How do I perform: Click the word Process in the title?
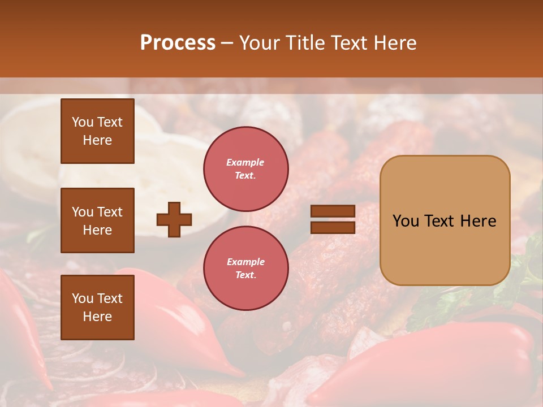[x=178, y=43]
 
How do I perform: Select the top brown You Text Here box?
[x=97, y=131]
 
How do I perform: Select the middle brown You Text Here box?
[x=97, y=220]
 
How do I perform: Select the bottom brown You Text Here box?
[x=97, y=307]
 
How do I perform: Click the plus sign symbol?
[x=174, y=219]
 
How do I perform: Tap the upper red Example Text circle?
[x=246, y=169]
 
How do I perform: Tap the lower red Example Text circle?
[x=246, y=268]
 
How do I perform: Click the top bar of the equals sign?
[x=333, y=211]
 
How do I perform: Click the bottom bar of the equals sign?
[x=333, y=227]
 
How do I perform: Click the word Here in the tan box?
[x=478, y=221]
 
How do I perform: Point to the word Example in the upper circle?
[x=245, y=162]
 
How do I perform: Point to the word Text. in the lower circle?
[x=245, y=275]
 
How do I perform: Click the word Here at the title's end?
[x=395, y=43]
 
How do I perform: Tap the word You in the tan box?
[x=406, y=221]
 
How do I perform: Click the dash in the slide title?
[x=227, y=44]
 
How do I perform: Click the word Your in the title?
[x=260, y=43]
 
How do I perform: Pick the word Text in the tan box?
[x=440, y=221]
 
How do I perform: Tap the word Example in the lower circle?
[x=245, y=262]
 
